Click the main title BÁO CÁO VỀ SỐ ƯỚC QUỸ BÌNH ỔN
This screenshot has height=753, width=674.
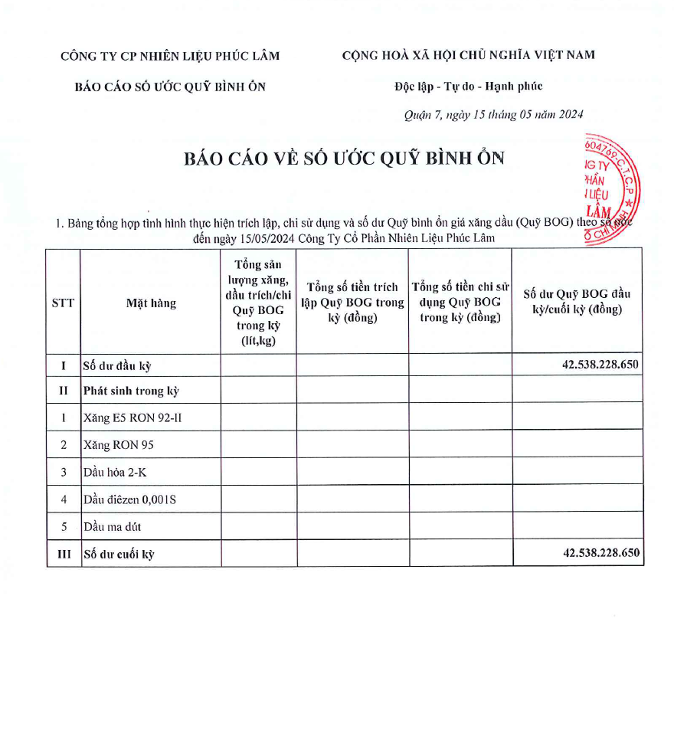(x=344, y=158)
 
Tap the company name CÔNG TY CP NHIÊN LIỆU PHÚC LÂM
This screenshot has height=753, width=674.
(x=170, y=55)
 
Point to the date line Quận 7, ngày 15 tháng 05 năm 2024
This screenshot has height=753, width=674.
(x=493, y=115)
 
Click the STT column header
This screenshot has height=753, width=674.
(x=63, y=303)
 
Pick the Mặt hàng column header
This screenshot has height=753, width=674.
(x=151, y=303)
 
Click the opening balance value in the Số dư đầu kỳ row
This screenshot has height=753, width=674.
(x=600, y=365)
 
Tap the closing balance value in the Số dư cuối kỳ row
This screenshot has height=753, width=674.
(x=600, y=553)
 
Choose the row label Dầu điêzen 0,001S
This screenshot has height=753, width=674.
(x=131, y=499)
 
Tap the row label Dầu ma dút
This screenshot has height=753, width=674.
(x=113, y=527)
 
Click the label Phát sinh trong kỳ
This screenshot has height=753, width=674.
(x=130, y=391)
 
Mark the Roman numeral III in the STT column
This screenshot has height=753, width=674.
(x=63, y=554)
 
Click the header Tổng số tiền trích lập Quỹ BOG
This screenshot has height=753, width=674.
(x=352, y=302)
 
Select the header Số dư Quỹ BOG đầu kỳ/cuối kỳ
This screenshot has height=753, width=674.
(x=577, y=302)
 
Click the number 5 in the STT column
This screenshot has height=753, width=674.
(x=63, y=527)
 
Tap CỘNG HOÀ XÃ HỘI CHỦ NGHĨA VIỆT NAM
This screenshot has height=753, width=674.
(x=468, y=54)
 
